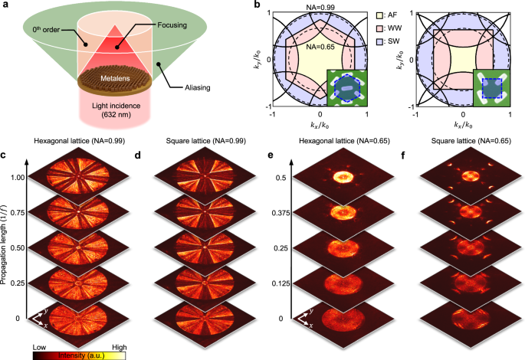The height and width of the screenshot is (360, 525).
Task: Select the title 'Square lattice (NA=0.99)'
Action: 208,141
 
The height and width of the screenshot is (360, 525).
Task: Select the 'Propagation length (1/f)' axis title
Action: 7,246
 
